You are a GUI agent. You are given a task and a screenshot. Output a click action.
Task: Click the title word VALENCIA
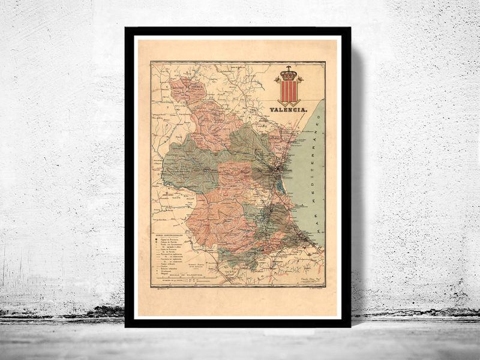point(289,110)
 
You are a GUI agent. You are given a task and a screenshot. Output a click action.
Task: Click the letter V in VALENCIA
point(272,110)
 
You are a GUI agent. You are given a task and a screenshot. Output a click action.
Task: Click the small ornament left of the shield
point(277,79)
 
